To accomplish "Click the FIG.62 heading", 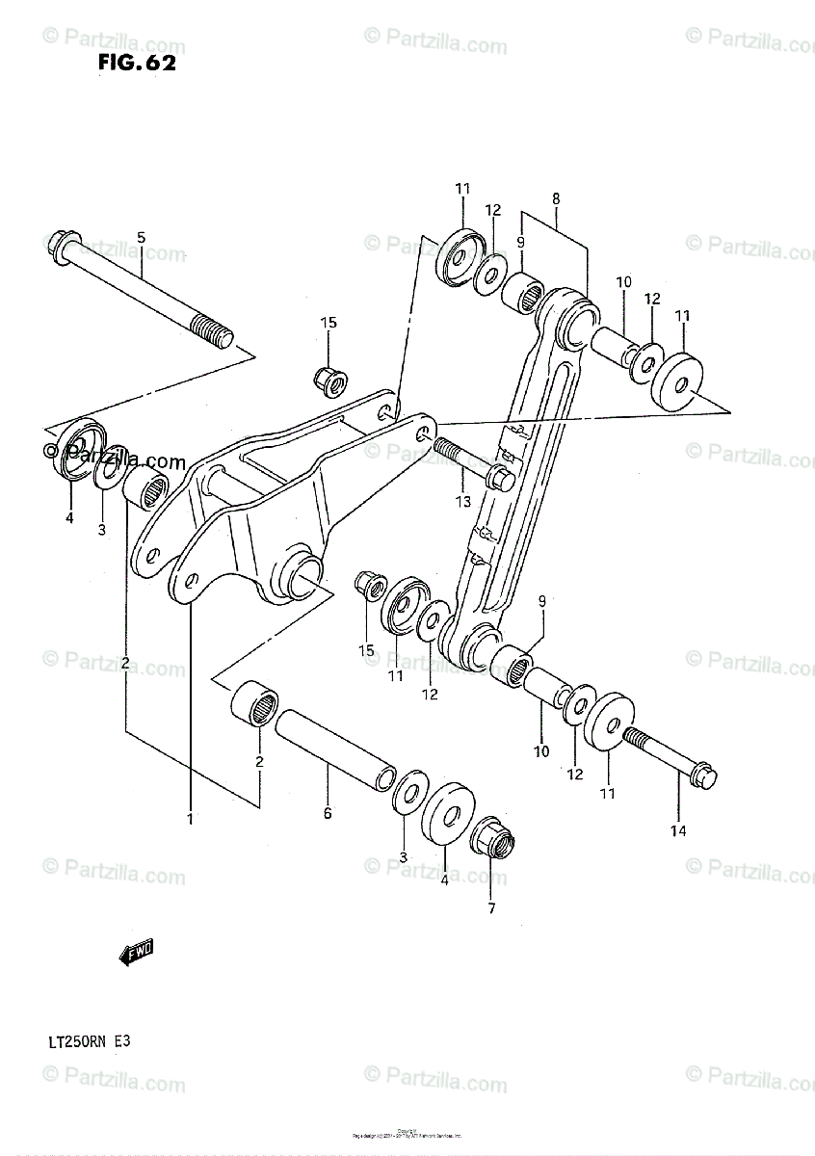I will coord(136,64).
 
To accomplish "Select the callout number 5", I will coord(141,237).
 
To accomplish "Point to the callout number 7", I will coord(490,907).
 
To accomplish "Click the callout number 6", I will coord(328,814).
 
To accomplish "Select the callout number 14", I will coord(678,831).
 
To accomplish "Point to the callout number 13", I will coord(462,501).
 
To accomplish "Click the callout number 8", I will coord(556,198).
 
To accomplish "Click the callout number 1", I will coord(190,819).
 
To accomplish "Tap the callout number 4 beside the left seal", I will coord(69,518).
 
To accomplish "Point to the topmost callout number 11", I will coord(462,189).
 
